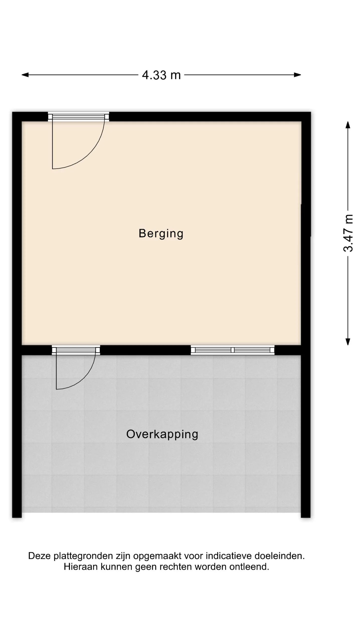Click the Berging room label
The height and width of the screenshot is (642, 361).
[161, 234]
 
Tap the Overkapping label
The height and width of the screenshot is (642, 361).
[162, 434]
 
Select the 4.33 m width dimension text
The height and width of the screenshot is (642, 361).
[161, 75]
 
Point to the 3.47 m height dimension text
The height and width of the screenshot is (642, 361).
[348, 233]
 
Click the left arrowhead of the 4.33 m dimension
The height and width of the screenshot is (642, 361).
[25, 75]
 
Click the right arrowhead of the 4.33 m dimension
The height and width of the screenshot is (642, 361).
[298, 75]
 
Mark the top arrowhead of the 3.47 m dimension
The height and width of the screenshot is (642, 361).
[348, 125]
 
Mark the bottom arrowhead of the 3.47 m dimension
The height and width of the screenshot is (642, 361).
[348, 342]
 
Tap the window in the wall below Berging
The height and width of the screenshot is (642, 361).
[232, 350]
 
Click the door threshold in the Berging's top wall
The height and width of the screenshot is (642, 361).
[78, 117]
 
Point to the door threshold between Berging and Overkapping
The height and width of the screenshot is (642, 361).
[76, 350]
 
